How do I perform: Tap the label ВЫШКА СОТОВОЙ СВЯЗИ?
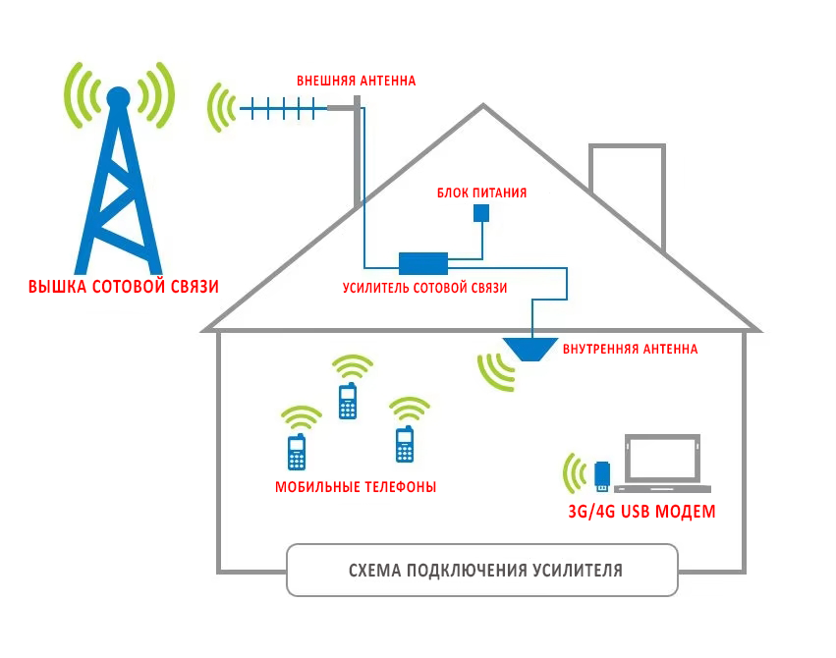(123, 288)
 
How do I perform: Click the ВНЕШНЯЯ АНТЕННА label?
(356, 81)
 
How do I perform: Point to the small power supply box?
(481, 213)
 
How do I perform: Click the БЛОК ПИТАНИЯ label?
(481, 193)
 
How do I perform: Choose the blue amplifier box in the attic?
(423, 262)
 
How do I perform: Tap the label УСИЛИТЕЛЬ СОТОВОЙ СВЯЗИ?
(424, 289)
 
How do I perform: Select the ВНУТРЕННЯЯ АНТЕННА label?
(630, 349)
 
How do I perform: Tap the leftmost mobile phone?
(296, 452)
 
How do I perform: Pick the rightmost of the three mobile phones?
(404, 445)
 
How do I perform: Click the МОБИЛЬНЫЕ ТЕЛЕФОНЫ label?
(356, 487)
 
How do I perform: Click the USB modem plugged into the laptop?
(603, 475)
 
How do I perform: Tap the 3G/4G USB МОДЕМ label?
(641, 512)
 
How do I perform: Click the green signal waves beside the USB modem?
(573, 472)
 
